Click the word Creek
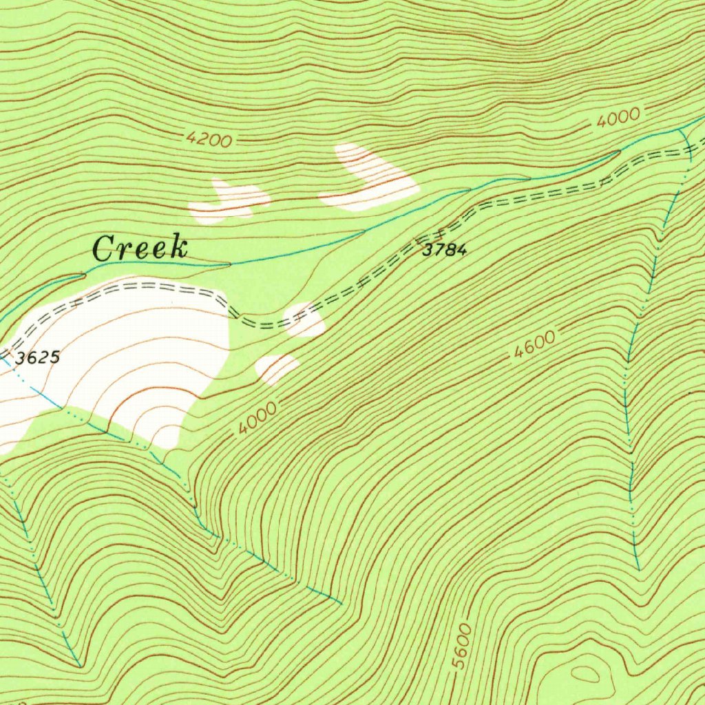[140, 249]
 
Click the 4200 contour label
[209, 140]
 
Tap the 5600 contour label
[463, 646]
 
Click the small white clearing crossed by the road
[305, 319]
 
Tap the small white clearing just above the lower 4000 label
[277, 368]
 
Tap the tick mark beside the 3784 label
[417, 240]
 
